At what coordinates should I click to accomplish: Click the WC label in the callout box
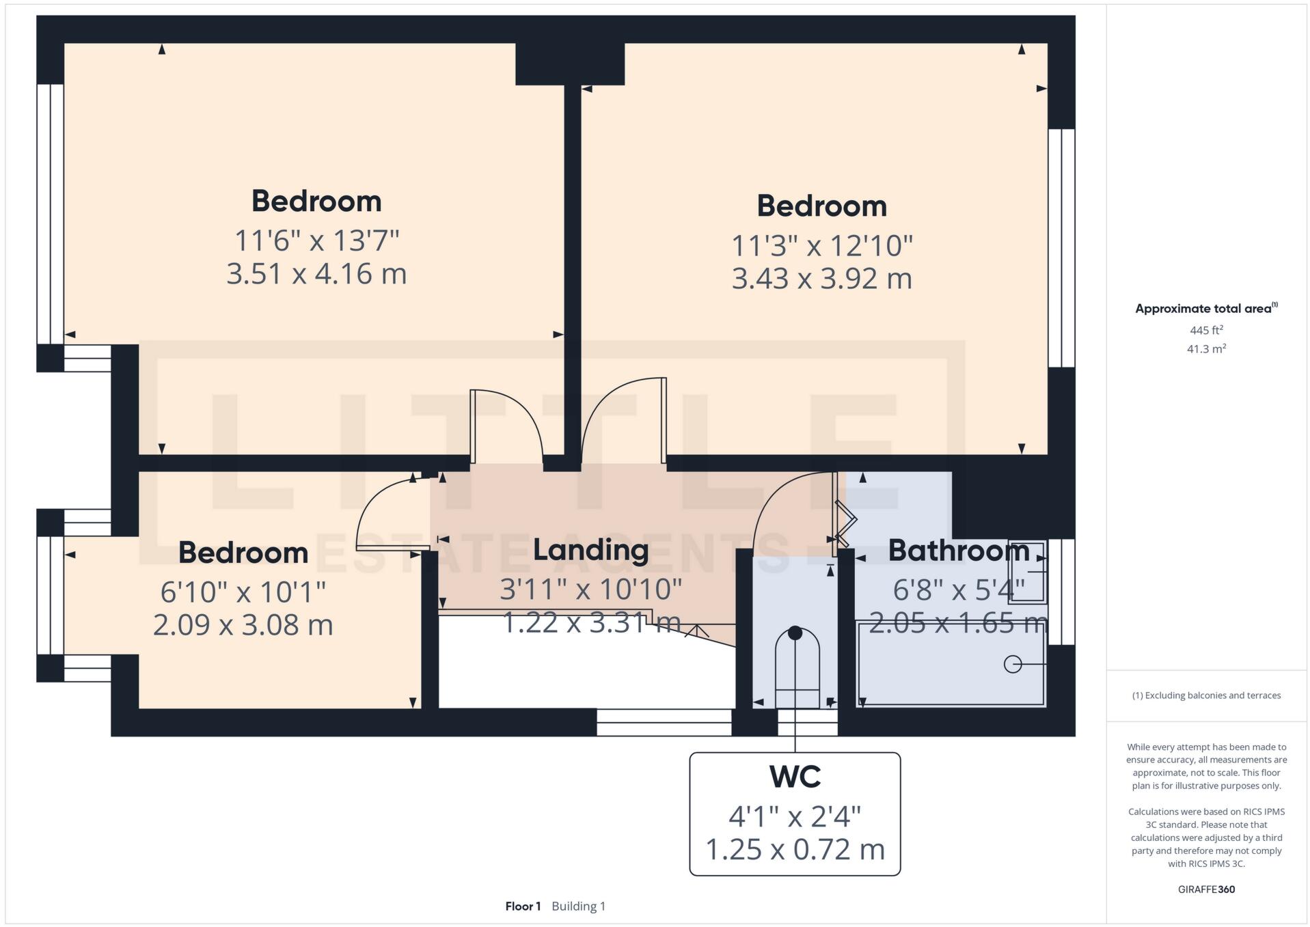point(795,777)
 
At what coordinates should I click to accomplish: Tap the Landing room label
point(590,550)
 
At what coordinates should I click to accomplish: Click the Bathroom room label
point(958,551)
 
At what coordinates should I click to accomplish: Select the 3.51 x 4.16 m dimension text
point(316,274)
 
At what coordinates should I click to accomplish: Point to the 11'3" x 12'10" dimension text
point(821,245)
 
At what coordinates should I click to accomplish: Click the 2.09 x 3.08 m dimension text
point(243,625)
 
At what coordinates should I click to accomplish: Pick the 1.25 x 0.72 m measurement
point(795,850)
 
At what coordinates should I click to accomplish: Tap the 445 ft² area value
point(1205,331)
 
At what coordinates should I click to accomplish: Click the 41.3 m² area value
point(1205,349)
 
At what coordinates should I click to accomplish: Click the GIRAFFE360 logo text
point(1206,889)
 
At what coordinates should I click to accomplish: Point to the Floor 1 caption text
point(523,907)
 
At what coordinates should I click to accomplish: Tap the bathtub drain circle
point(1012,664)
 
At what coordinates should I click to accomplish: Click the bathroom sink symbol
point(1028,572)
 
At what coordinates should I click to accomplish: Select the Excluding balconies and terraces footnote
point(1206,695)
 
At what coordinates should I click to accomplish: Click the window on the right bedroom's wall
point(1061,248)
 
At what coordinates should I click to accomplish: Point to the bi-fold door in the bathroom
point(845,523)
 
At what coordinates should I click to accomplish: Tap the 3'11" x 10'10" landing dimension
point(590,590)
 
